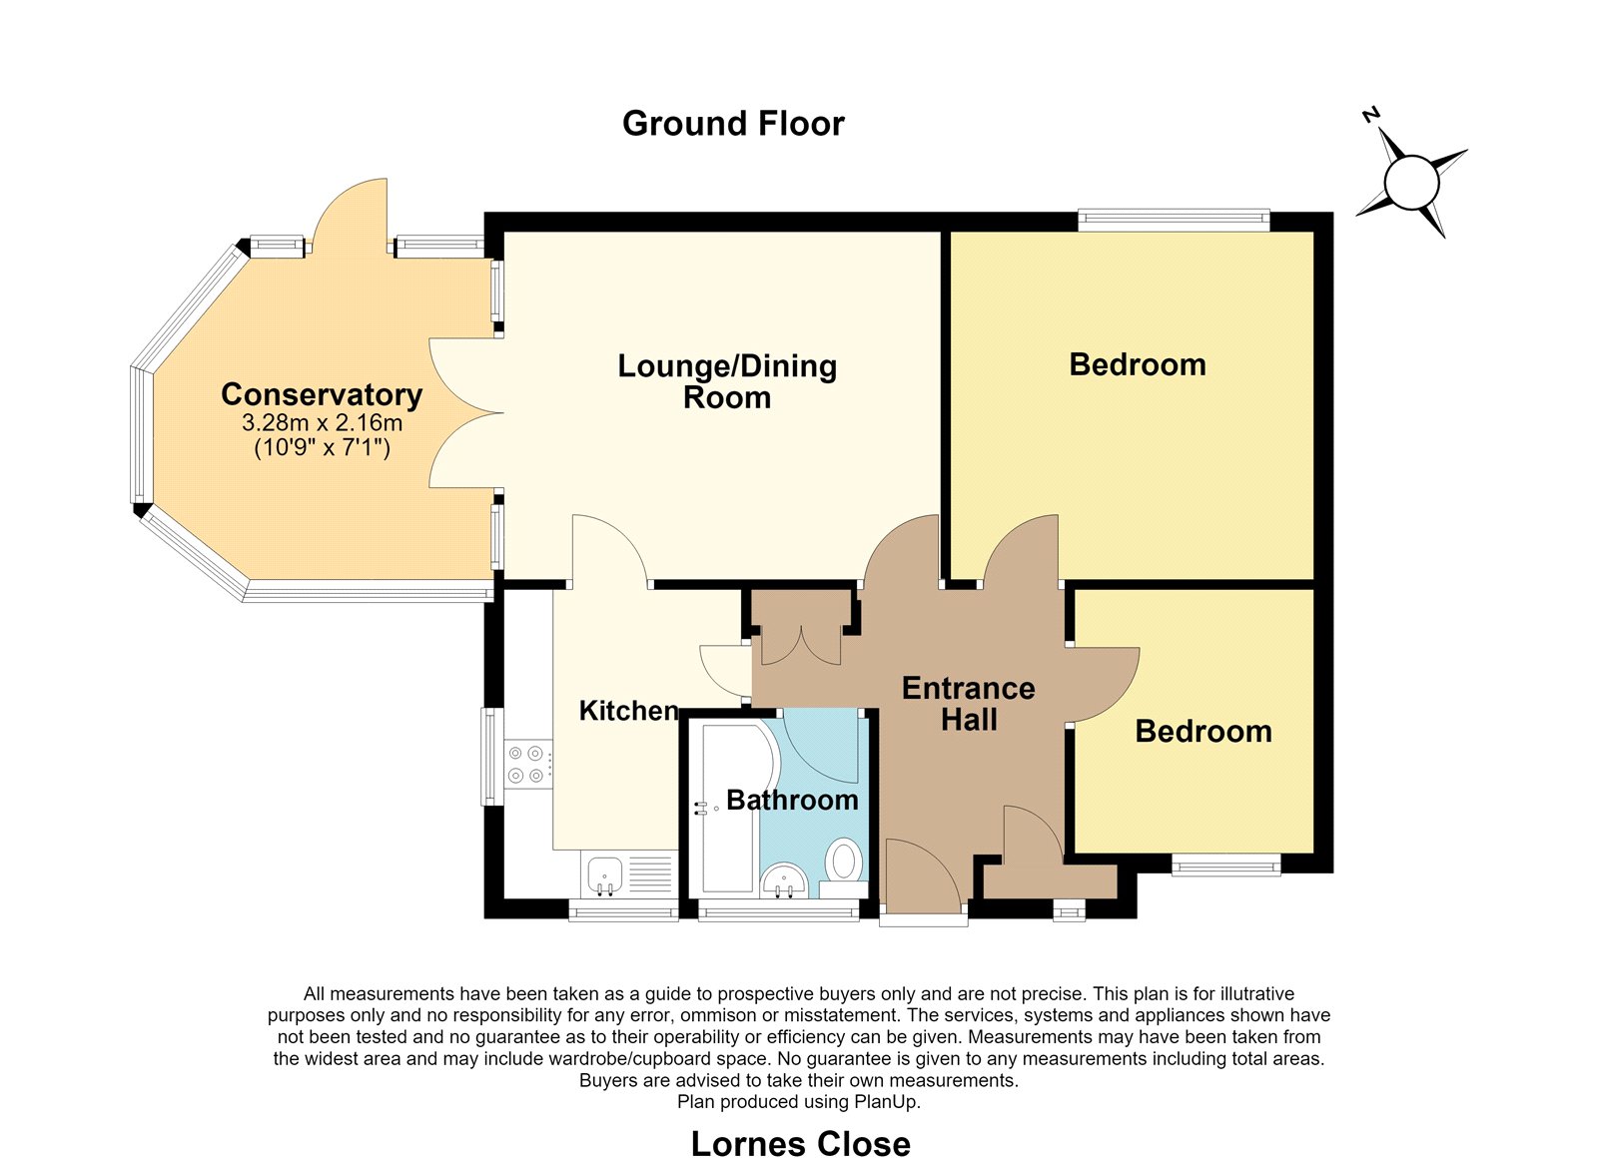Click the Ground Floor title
click(x=733, y=124)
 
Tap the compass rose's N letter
click(x=1371, y=134)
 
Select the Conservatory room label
click(x=322, y=394)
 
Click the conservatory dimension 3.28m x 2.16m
click(x=322, y=423)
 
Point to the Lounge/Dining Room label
click(x=727, y=381)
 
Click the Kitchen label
click(x=628, y=711)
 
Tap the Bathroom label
click(x=792, y=801)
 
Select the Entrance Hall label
click(x=968, y=704)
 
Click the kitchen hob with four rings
click(x=528, y=764)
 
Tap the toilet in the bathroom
click(x=844, y=868)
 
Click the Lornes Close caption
click(x=800, y=1145)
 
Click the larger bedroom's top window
click(x=1174, y=220)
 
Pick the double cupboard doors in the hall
click(x=801, y=645)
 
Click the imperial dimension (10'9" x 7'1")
click(x=322, y=448)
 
